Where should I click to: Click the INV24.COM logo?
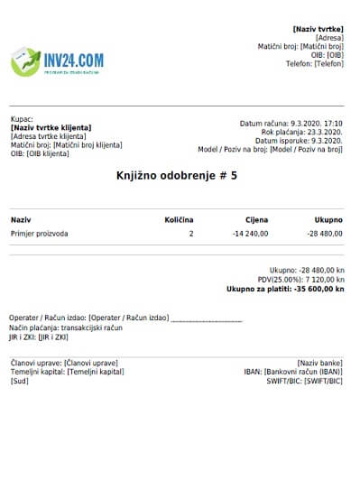[x=57, y=61]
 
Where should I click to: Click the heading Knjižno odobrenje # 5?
[x=177, y=176]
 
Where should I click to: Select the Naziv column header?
[x=20, y=219]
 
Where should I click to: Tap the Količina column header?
[x=178, y=219]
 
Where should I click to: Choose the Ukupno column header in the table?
[x=328, y=219]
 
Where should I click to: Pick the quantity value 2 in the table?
[x=190, y=234]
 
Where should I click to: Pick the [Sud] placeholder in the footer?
[x=19, y=381]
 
